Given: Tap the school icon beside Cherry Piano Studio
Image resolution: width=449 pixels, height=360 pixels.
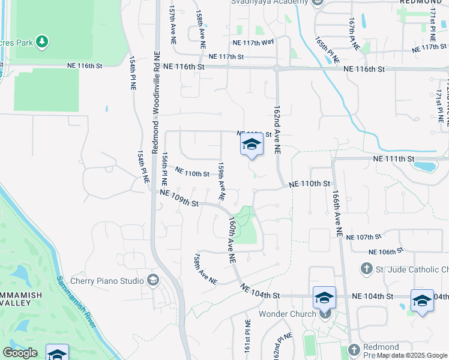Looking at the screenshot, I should (x=153, y=280).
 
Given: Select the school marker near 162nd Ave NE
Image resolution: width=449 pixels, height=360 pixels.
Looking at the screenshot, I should (x=252, y=145).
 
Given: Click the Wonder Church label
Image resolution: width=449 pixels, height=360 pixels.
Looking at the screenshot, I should (x=287, y=314).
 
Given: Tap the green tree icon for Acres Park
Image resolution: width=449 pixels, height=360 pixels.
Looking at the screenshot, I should (x=42, y=41).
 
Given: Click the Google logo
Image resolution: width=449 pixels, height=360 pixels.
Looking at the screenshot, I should (x=20, y=353).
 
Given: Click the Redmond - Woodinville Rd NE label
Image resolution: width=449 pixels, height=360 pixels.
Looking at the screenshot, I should (x=155, y=102).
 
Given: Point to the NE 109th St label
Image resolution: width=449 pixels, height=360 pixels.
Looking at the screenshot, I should (x=179, y=199).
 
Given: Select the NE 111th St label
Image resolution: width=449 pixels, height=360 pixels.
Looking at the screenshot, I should (x=394, y=158).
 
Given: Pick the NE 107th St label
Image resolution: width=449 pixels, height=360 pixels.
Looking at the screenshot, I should (x=364, y=237).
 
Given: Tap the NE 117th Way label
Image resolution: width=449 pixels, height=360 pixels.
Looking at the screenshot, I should (x=253, y=42).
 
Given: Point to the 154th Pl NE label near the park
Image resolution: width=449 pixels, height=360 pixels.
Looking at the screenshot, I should (x=133, y=73).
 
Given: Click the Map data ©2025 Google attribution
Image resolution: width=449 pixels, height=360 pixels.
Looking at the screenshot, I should (x=412, y=355).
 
